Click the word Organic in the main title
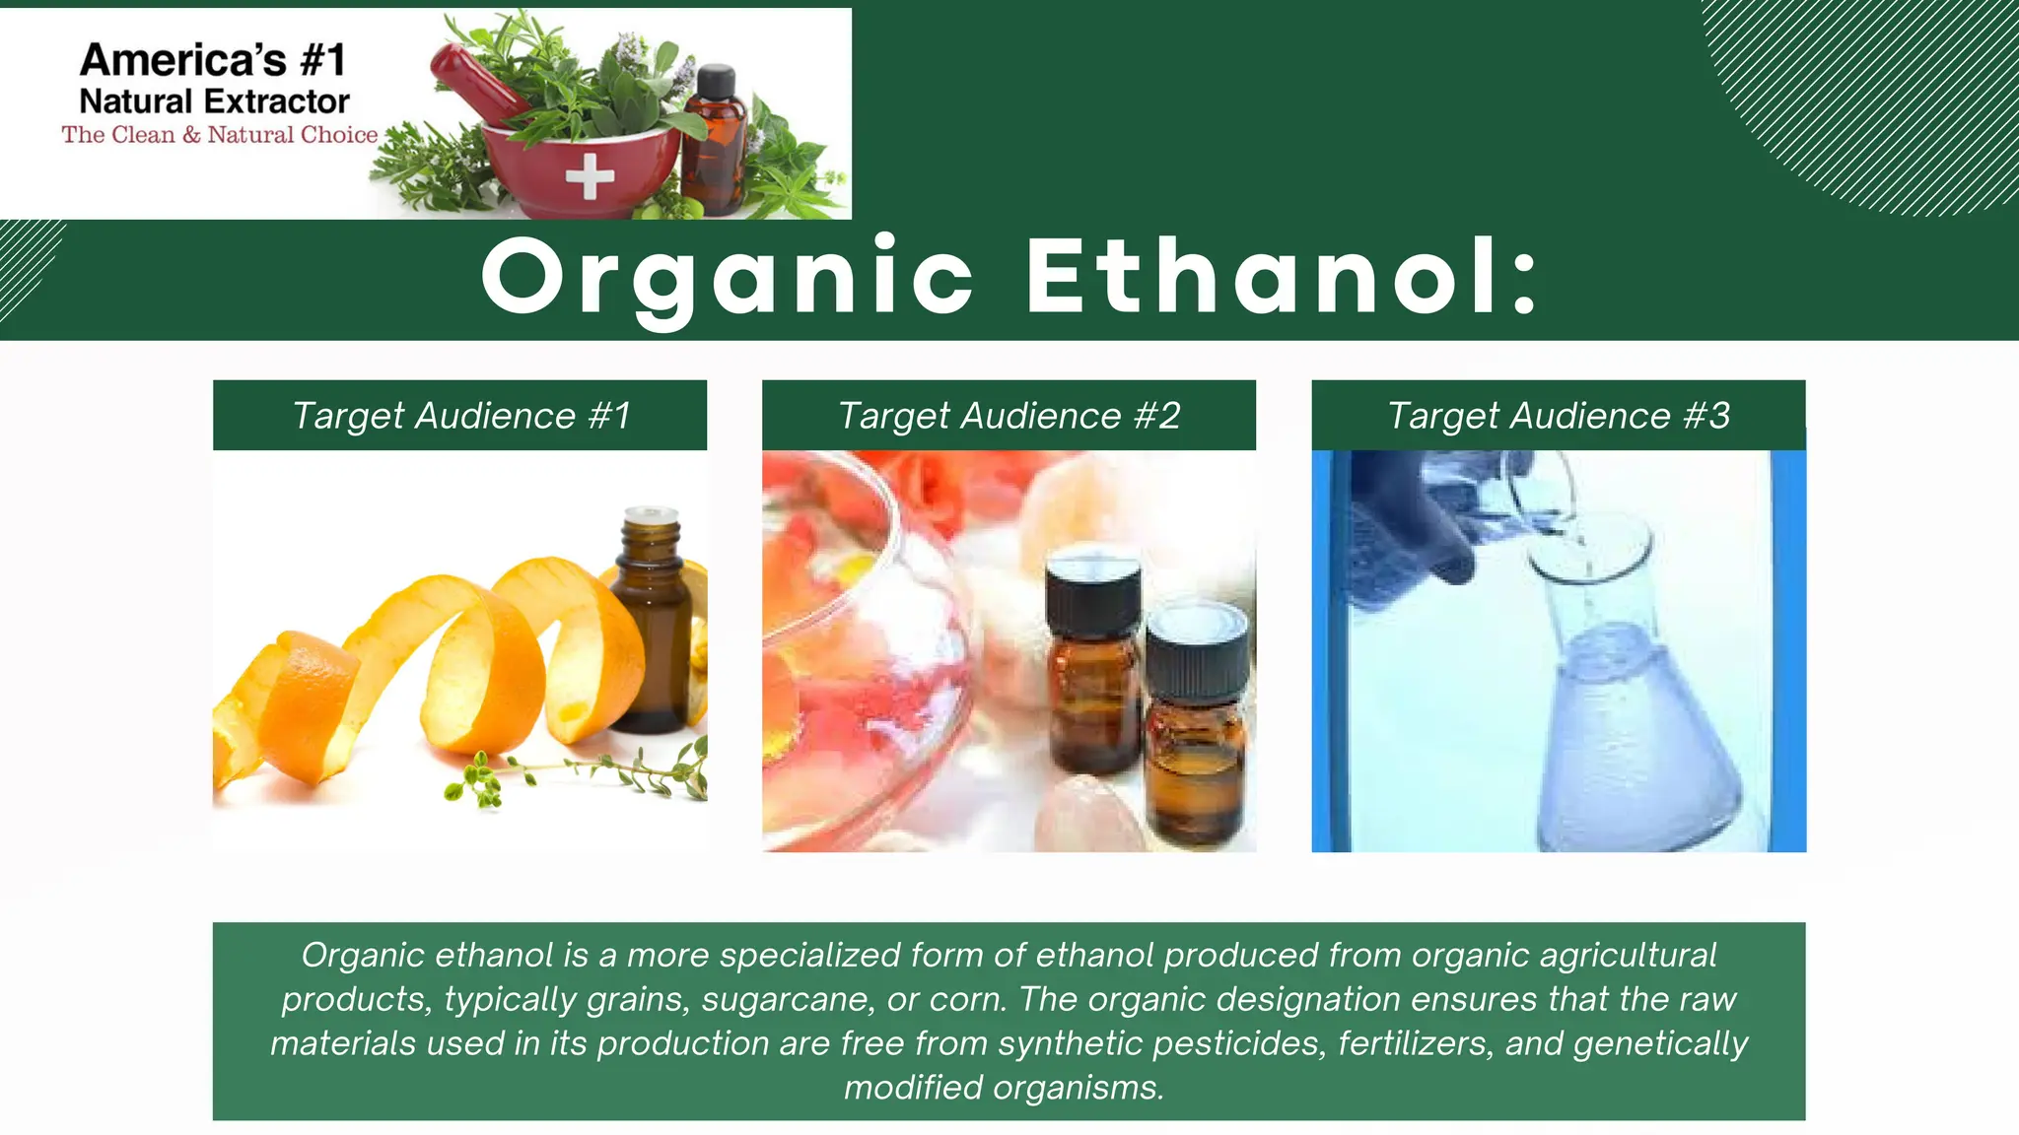[x=728, y=278]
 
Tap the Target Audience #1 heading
[x=460, y=416]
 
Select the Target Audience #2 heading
[x=1009, y=416]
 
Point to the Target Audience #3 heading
[x=1559, y=416]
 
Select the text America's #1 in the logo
[x=213, y=60]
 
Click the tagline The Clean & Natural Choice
[x=220, y=135]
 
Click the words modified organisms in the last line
[x=1004, y=1088]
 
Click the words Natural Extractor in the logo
[x=214, y=101]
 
